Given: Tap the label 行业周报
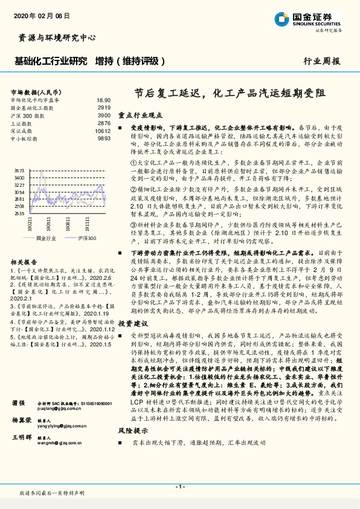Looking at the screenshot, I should (x=321, y=61).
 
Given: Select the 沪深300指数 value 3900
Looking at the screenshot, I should (x=104, y=115).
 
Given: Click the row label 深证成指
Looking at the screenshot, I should (x=22, y=131).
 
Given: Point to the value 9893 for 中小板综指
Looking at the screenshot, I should (x=104, y=138).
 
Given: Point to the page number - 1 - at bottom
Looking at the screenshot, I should (x=180, y=486).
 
